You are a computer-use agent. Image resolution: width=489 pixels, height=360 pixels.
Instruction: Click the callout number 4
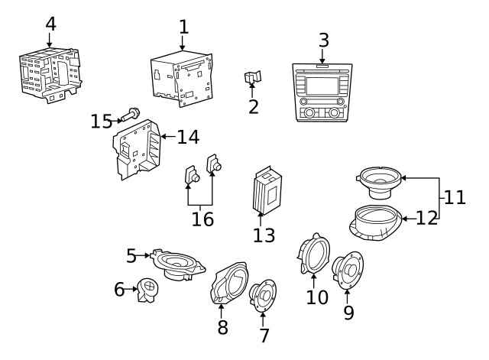50,24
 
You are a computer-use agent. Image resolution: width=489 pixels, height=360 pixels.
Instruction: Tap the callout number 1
183,28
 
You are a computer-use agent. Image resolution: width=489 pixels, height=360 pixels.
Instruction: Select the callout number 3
323,40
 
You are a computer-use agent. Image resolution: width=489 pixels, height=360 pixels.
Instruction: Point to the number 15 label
101,121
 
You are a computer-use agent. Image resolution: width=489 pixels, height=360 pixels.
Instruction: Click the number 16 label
202,219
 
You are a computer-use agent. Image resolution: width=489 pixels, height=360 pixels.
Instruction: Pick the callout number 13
264,235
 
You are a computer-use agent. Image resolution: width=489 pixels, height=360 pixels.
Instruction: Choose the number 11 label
455,197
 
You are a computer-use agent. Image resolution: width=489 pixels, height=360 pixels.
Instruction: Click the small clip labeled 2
253,78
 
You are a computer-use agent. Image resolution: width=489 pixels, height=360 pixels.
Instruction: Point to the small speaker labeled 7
264,295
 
